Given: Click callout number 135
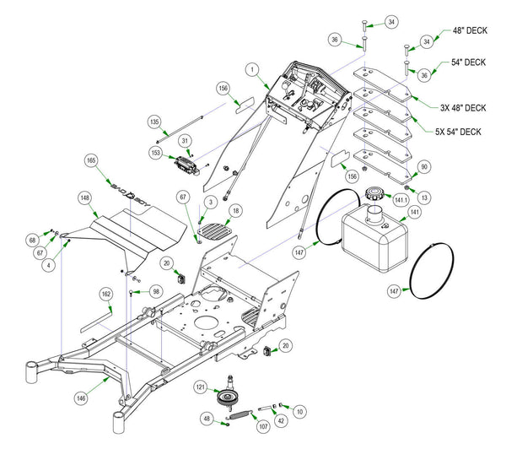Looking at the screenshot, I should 154,122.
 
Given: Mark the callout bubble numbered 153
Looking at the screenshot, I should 156,153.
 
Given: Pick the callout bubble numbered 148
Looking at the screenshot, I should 85,199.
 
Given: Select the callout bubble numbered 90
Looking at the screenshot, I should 423,167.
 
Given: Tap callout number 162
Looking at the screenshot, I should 105,294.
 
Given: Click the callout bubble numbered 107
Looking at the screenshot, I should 262,425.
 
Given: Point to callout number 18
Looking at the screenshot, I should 235,209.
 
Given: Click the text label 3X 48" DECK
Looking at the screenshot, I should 462,107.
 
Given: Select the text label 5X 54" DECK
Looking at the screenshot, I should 458,132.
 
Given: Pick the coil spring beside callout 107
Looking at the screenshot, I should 243,414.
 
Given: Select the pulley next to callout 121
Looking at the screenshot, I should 226,398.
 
